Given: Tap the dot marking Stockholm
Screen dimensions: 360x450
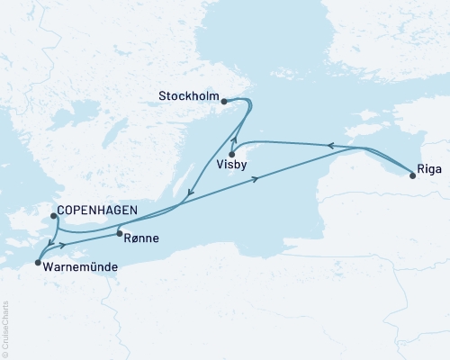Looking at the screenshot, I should [x=223, y=102].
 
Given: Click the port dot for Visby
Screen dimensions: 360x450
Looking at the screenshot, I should [x=232, y=154].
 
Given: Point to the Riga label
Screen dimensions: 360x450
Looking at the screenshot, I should [x=428, y=166].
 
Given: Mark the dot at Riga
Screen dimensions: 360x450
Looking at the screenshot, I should [x=413, y=175].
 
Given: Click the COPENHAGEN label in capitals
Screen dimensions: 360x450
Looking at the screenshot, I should [x=96, y=211].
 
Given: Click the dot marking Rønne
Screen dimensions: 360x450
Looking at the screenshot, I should [x=119, y=234].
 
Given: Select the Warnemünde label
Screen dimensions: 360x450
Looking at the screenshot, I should [x=76, y=265].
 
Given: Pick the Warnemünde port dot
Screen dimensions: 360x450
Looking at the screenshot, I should [x=37, y=263].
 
